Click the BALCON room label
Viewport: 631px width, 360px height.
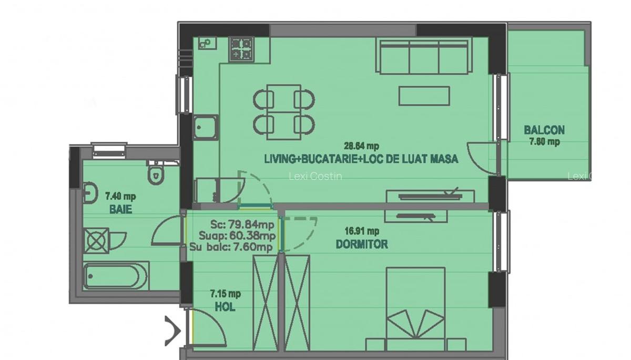544,130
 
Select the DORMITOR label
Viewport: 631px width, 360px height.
362,244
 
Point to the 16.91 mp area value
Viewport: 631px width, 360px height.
362,231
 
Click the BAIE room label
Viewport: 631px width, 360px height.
120,209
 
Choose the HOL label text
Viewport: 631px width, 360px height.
225,307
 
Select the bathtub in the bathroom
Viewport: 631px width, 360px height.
116,275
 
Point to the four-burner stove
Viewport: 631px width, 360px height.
241,48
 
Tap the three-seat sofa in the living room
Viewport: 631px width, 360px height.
423,56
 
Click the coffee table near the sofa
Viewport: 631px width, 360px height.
424,96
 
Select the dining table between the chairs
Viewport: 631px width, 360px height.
284,112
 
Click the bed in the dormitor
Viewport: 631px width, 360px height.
415,310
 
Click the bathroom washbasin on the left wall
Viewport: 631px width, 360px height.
90,193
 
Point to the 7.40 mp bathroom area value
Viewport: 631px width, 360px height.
120,197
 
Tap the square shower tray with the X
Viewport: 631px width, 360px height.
97,241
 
